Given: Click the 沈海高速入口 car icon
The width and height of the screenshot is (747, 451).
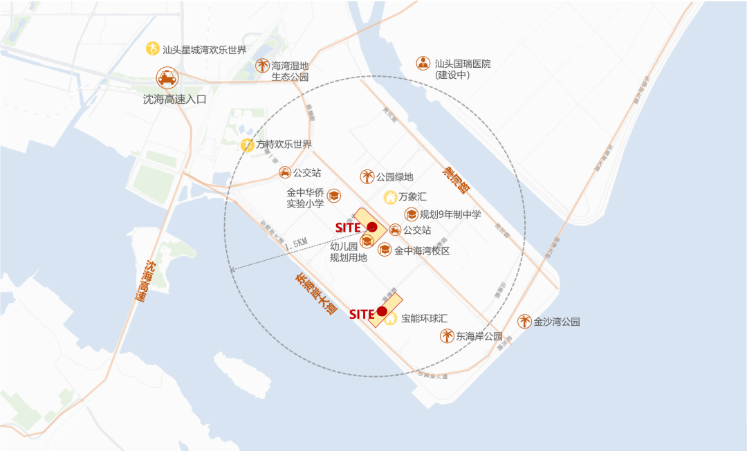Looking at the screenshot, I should [x=166, y=77].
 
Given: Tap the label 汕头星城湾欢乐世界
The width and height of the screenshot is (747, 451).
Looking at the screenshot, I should [x=204, y=50].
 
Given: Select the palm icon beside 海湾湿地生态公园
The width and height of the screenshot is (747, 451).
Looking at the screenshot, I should [x=263, y=66].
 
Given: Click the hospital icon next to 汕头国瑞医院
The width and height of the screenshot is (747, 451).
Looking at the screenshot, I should [x=423, y=63].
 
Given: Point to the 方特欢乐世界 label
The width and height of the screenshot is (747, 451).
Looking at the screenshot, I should [x=284, y=145].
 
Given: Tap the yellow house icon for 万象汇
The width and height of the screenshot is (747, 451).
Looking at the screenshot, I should [x=390, y=197].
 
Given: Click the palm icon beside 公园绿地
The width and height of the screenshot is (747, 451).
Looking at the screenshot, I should [x=367, y=177].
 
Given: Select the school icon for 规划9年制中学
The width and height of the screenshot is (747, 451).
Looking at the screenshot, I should [x=412, y=214].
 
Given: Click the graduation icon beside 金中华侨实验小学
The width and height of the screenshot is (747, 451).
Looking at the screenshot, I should [x=334, y=196].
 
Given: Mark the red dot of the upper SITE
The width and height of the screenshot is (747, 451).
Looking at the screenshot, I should [x=371, y=227].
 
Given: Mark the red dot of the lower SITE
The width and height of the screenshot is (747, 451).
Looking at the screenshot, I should [x=382, y=311].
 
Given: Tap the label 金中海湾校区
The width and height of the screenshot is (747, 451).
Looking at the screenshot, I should [x=422, y=250].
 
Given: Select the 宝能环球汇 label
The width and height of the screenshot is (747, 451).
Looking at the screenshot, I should [x=424, y=319].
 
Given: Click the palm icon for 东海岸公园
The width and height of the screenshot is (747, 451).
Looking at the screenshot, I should [x=448, y=336].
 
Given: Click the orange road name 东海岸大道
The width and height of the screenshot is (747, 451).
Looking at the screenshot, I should [x=315, y=295].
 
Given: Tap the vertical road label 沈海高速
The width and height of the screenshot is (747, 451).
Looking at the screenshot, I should [x=143, y=282].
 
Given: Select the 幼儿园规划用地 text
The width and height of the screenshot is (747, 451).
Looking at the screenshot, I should [x=348, y=252].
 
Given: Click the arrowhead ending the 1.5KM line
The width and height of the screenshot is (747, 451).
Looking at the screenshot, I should [x=232, y=269].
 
